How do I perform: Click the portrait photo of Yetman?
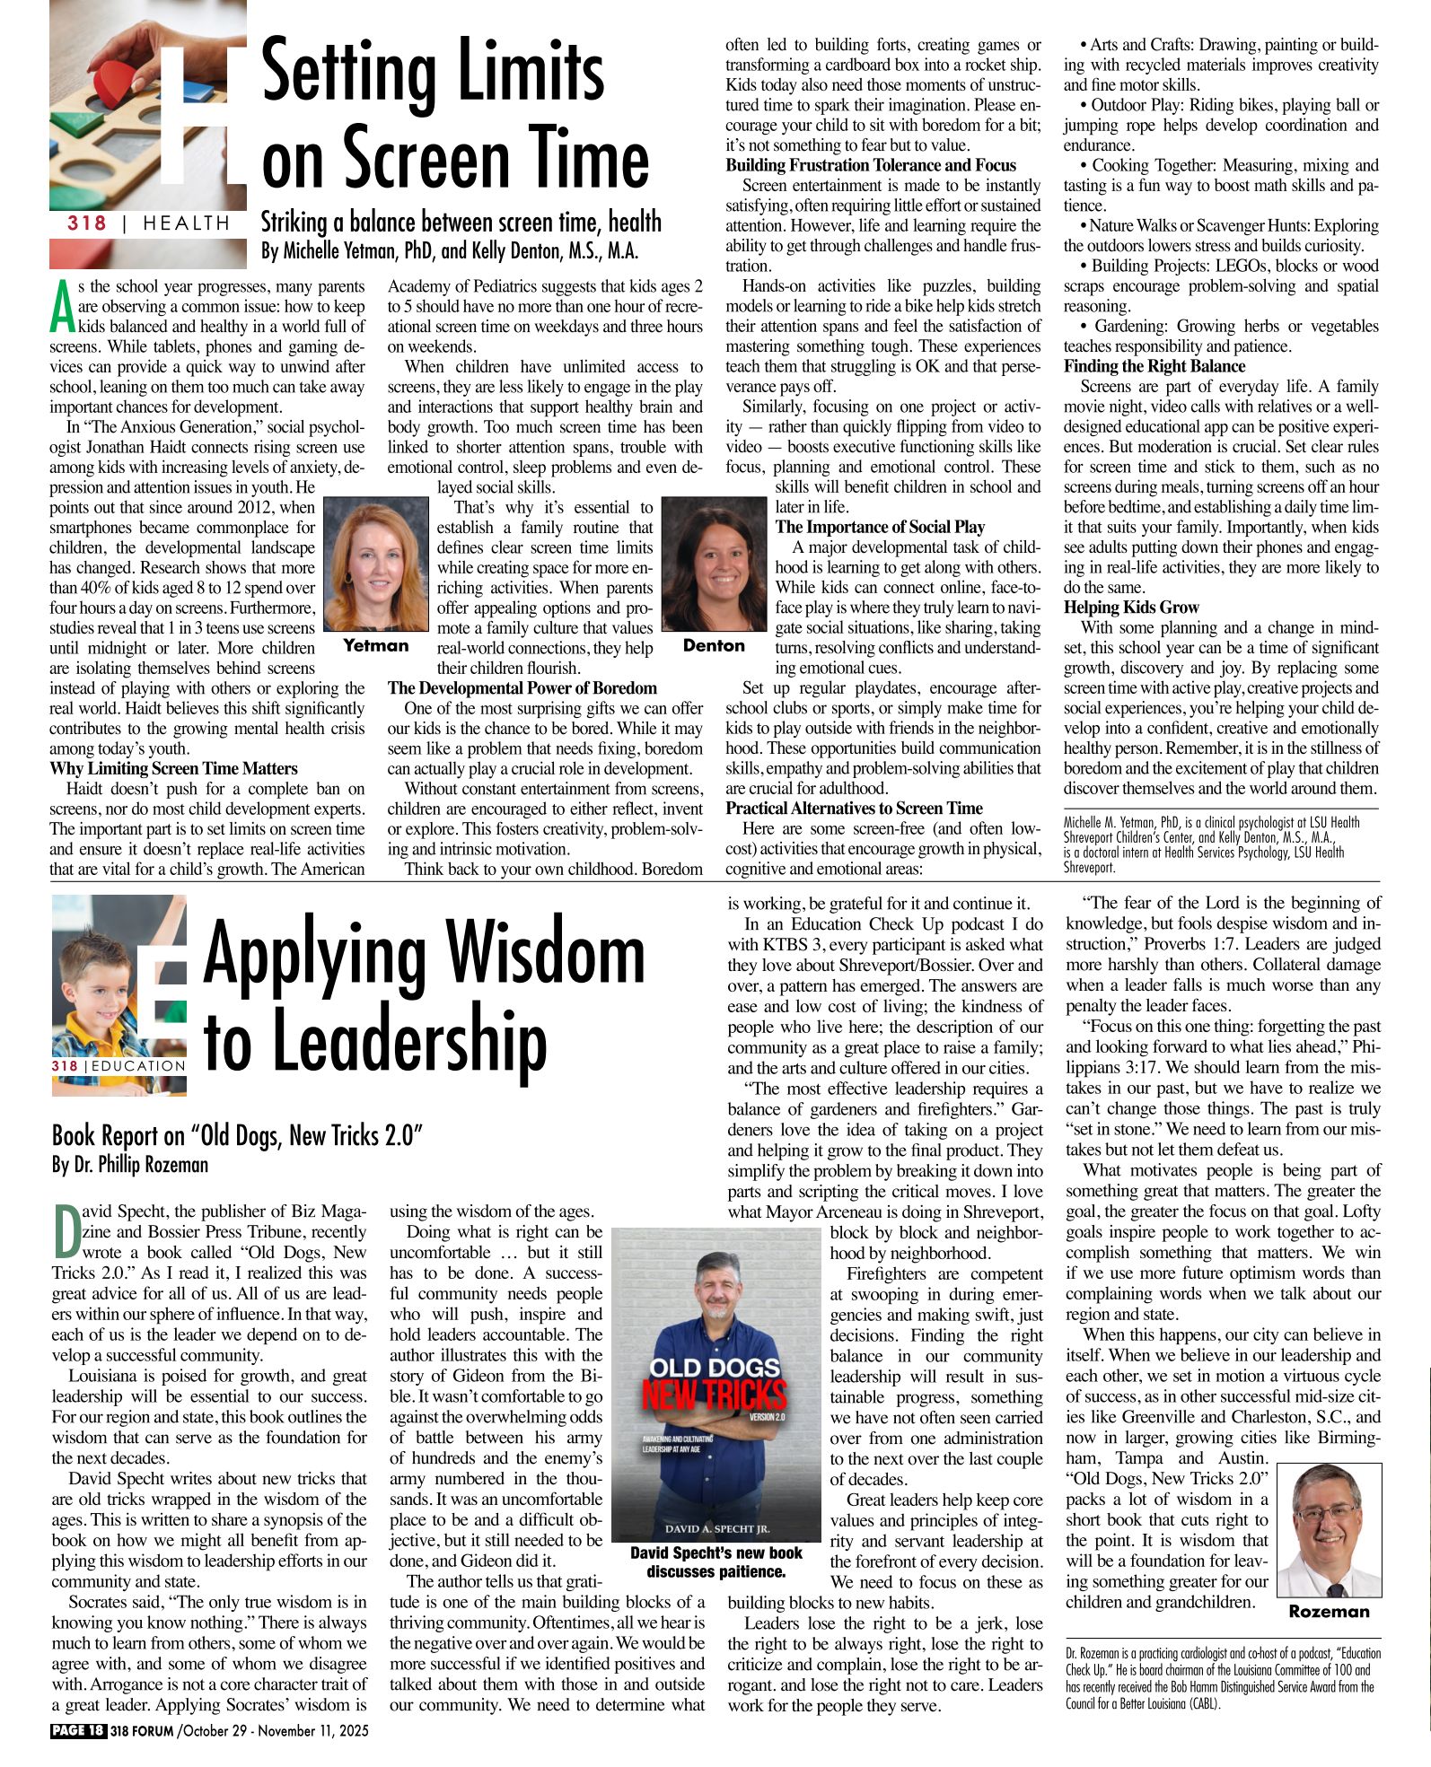(376, 566)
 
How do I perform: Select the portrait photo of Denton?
(714, 566)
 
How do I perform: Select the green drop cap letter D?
(66, 1230)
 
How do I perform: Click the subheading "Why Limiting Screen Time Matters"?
(173, 769)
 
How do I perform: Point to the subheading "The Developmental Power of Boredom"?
(522, 688)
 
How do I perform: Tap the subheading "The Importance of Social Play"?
(880, 528)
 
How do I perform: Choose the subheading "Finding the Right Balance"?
(1154, 366)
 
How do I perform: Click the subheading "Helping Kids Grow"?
(1131, 608)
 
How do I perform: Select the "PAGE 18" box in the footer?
(78, 1730)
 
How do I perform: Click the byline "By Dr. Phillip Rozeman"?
(130, 1165)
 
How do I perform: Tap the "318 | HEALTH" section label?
(148, 223)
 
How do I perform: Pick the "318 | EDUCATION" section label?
(119, 1065)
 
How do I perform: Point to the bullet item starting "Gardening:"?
(1221, 336)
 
